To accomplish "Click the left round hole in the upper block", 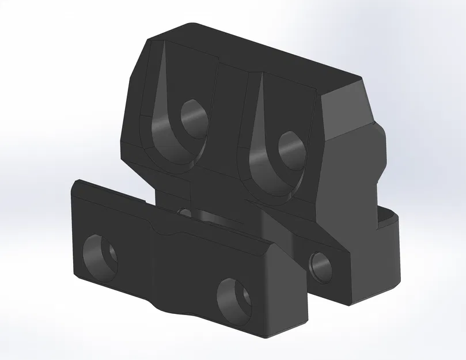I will (194, 119).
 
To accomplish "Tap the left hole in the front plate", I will (101, 256).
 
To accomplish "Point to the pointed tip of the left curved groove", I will (163, 46).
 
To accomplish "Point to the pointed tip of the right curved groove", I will (262, 77).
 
